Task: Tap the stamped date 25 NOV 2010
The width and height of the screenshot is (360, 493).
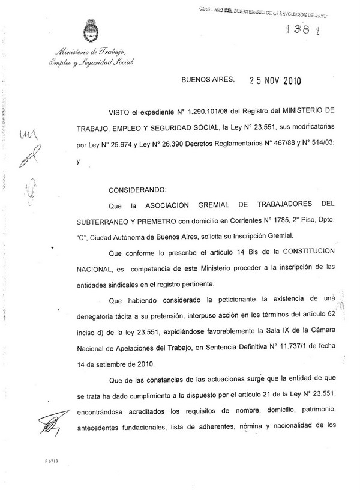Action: coord(271,82)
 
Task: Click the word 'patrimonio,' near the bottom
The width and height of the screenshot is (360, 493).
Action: coord(304,410)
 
